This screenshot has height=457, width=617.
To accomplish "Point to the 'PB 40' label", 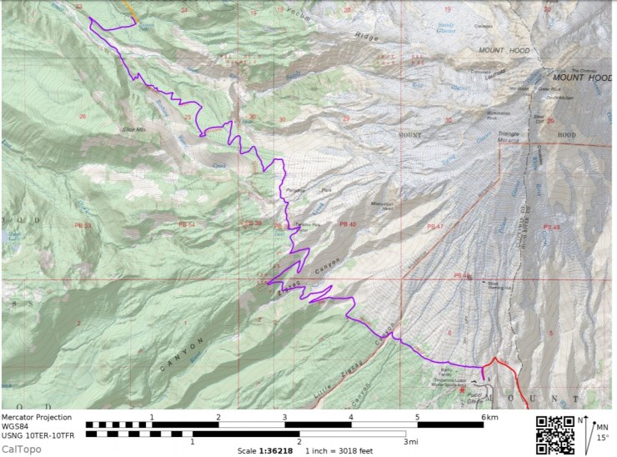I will pos(348,225).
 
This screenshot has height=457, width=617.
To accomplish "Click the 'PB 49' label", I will pos(552,227).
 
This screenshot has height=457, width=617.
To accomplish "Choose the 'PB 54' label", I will pos(187,225).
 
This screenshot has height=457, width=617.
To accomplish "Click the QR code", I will pos(554,434).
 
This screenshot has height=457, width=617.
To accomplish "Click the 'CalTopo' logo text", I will pos(23,449).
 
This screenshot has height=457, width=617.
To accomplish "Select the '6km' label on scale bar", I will pos(489,417).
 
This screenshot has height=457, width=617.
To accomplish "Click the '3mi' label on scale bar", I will pos(411,442).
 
